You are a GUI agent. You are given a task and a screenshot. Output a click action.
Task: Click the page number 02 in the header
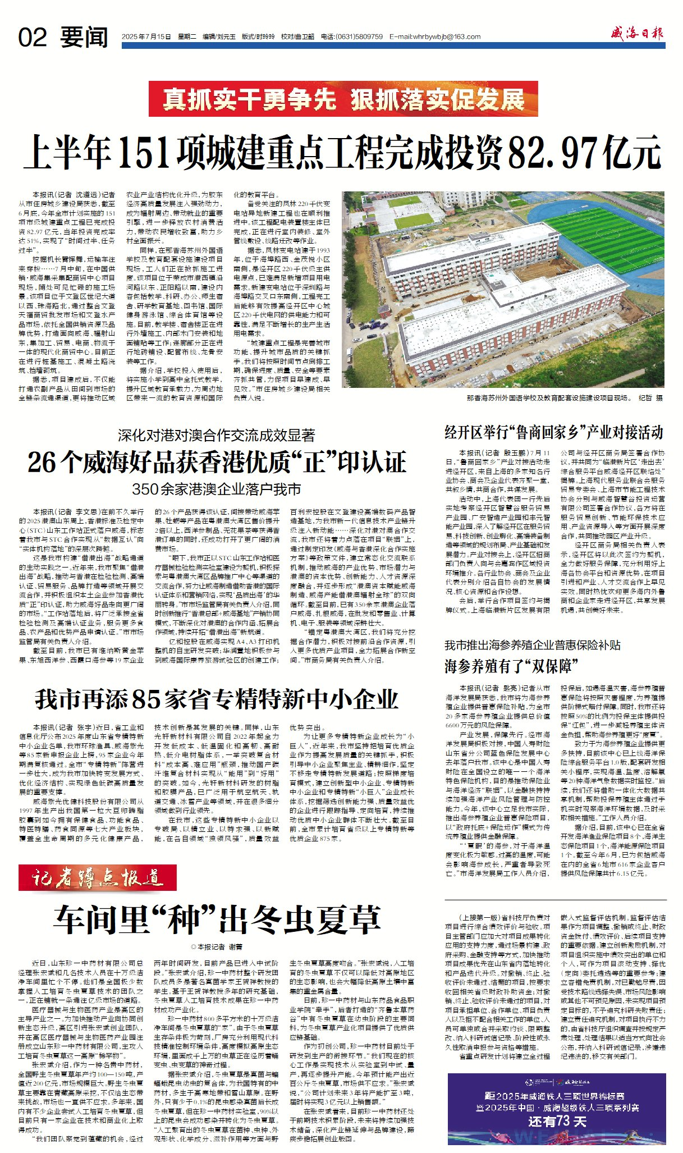(33, 38)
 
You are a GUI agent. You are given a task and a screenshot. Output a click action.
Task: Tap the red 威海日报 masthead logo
(637, 34)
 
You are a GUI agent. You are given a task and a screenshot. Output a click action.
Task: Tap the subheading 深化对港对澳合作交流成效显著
(216, 435)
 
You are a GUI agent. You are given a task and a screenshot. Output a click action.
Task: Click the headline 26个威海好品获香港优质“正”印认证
(217, 461)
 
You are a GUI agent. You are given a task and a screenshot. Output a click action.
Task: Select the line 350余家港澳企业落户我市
(217, 489)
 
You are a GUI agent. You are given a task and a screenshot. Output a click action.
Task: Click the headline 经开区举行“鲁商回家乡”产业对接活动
(554, 432)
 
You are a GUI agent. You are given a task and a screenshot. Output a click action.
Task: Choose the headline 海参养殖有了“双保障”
(511, 666)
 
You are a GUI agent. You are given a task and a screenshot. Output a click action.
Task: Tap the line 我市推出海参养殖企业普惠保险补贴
(533, 645)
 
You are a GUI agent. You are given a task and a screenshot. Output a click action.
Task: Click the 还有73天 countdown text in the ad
(557, 1121)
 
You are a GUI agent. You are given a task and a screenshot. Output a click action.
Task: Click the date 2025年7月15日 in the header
(146, 37)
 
